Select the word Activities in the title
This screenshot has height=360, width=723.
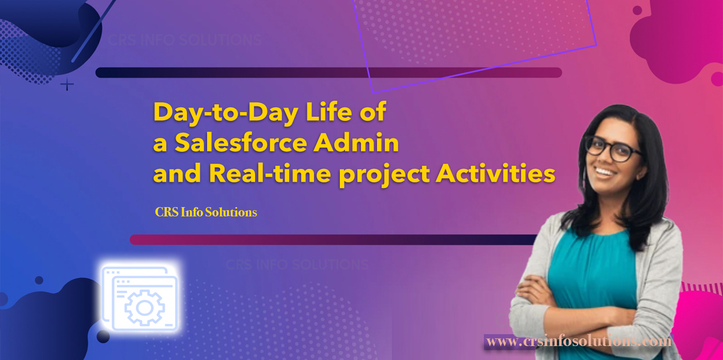[x=495, y=175]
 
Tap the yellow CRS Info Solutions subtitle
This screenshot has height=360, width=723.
[x=206, y=212]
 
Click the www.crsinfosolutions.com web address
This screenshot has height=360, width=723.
[x=578, y=341]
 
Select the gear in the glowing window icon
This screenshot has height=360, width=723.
[x=144, y=308]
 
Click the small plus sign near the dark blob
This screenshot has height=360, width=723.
[x=67, y=84]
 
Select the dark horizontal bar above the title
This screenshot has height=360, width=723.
[x=328, y=72]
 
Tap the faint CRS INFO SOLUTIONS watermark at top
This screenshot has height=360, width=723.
[x=184, y=40]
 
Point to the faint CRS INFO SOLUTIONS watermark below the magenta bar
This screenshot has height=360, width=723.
[x=297, y=265]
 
